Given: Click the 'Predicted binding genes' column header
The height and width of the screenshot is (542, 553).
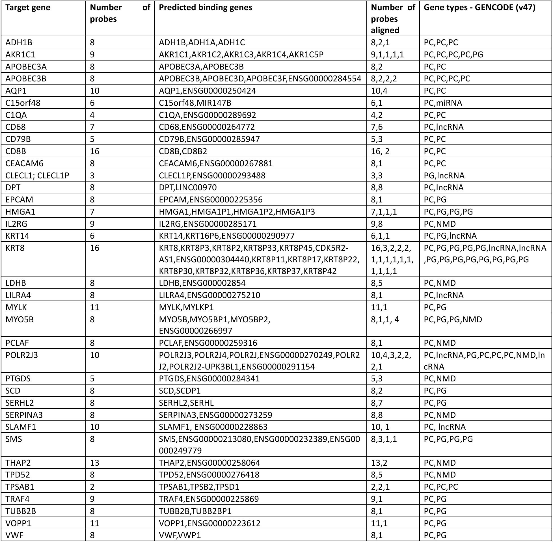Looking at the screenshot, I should point(206,8).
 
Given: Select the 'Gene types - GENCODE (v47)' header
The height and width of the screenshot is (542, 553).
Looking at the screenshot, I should point(479,8).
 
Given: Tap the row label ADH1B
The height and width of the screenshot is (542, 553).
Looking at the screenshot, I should point(19,42).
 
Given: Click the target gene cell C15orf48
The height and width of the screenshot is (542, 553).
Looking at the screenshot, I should point(23,103).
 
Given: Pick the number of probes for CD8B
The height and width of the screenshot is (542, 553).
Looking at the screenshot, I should point(95,151).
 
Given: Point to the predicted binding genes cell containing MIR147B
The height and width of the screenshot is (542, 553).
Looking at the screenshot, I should point(195,103).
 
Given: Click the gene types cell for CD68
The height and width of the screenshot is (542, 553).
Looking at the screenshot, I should point(443,127).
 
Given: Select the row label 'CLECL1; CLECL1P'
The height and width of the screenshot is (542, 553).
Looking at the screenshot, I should point(37,175).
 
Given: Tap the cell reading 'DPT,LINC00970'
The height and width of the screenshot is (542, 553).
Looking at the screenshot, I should point(187,187).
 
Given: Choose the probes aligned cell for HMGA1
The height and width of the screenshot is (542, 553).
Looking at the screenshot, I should point(384,212).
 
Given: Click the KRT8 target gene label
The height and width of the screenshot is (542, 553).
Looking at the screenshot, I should point(15,248).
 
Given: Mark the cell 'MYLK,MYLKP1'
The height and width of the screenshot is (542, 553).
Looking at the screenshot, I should point(186,307).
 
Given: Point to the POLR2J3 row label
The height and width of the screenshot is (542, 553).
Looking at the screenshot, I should point(22,355).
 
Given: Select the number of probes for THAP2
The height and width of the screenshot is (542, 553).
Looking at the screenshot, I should point(95,463).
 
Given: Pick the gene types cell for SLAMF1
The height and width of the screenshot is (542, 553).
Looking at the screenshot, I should point(444,427).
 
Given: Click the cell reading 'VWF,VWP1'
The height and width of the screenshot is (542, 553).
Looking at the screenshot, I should point(180,535).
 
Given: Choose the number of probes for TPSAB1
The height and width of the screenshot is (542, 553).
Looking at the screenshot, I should point(92,487).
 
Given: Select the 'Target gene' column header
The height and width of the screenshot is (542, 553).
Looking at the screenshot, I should point(28,8).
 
